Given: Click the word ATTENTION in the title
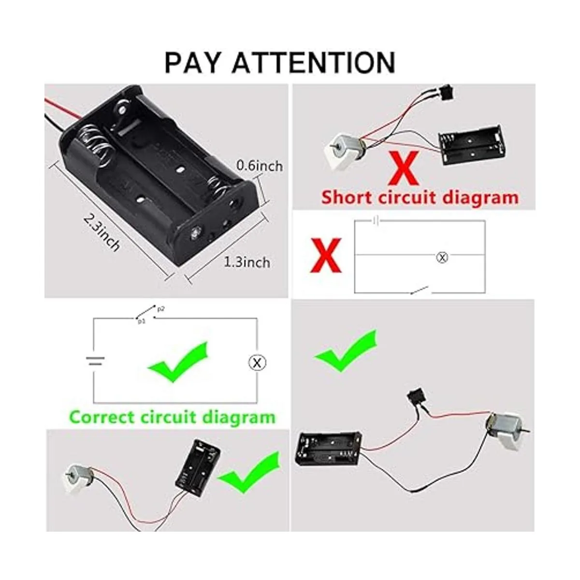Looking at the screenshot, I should [x=314, y=62].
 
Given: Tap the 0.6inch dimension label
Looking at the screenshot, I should [x=259, y=166].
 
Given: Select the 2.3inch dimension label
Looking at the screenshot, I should [x=102, y=232].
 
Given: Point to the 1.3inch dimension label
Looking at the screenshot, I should [x=246, y=262].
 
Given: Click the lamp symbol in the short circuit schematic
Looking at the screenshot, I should [x=442, y=258].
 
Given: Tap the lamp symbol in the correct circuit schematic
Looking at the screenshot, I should [x=257, y=362].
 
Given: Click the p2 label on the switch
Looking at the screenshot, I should [x=161, y=308].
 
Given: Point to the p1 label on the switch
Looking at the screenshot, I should [x=141, y=321].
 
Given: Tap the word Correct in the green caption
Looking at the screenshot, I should [x=103, y=417].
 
